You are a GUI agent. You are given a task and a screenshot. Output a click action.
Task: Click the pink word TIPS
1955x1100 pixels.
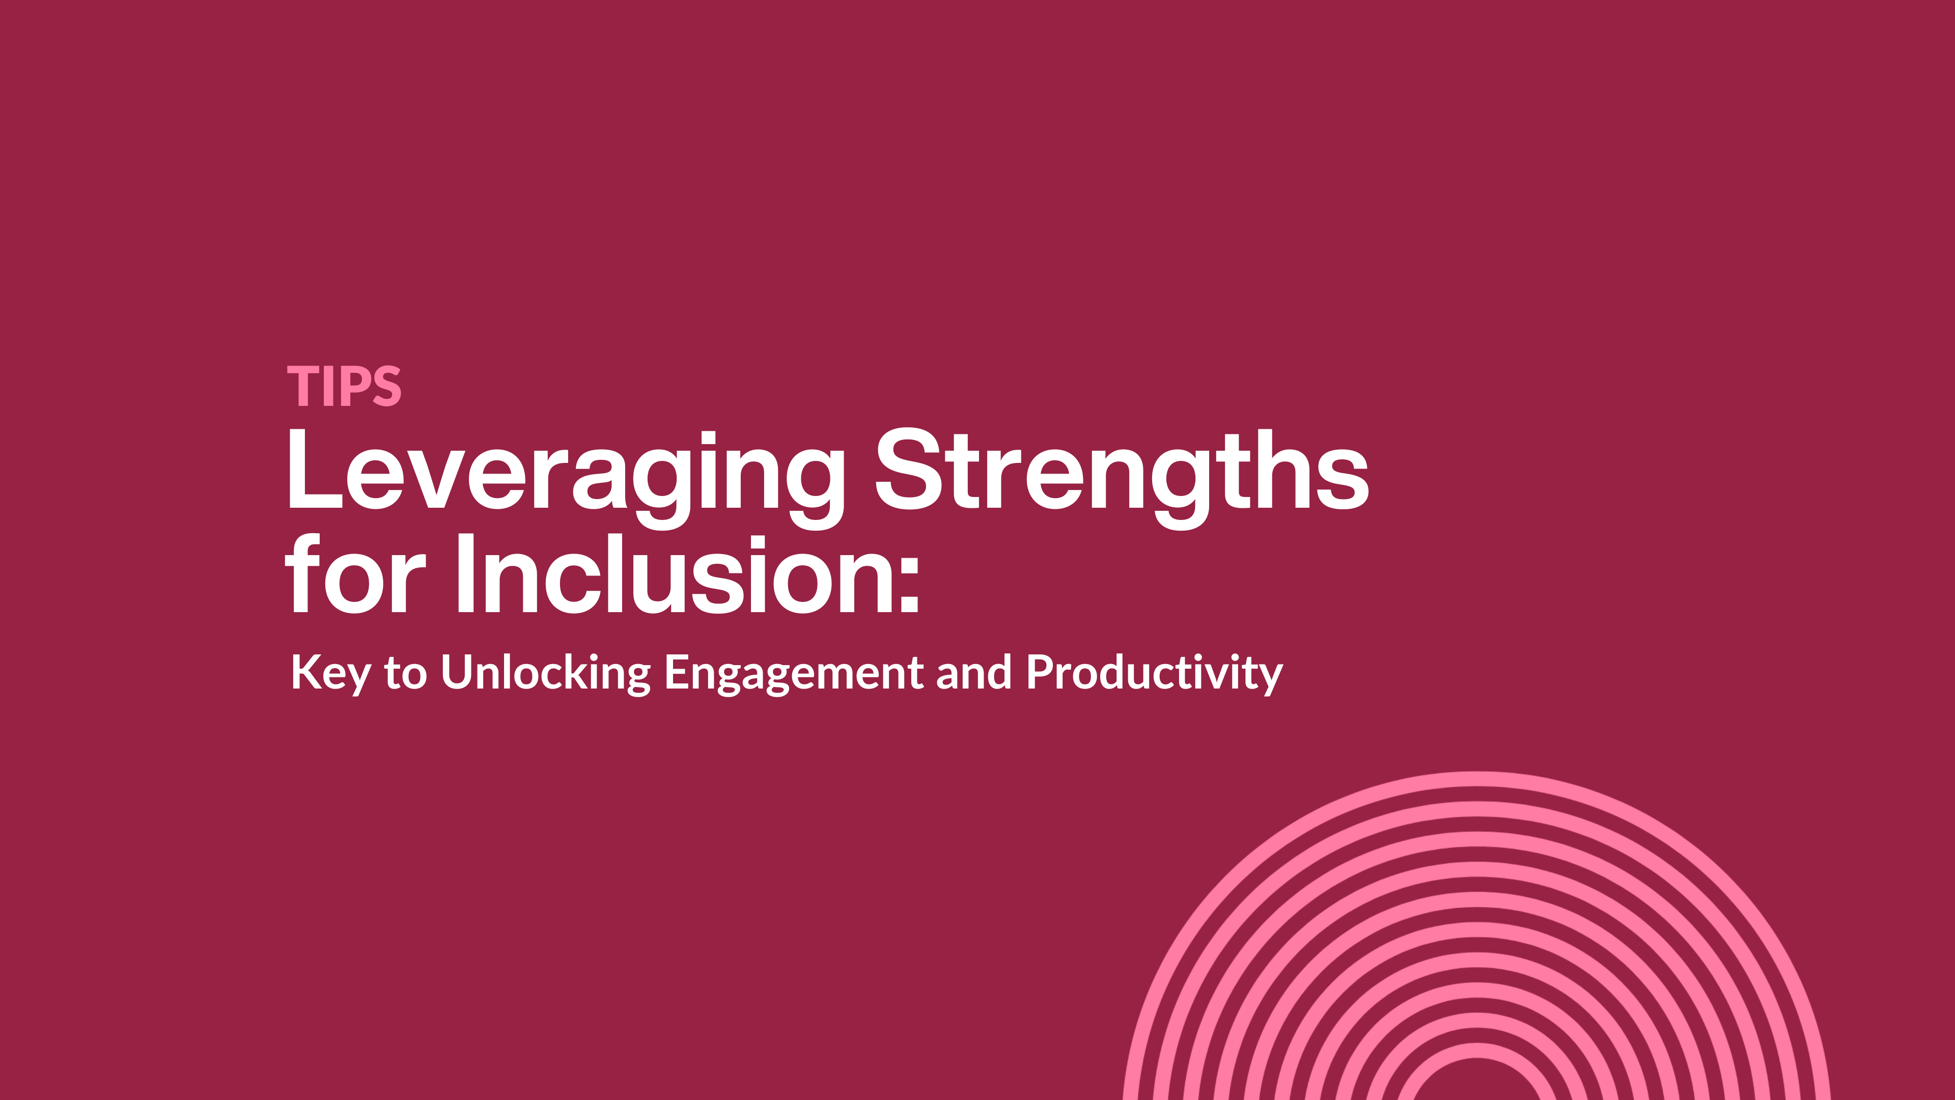pos(344,387)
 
